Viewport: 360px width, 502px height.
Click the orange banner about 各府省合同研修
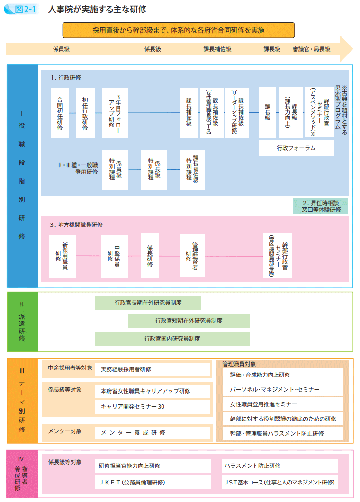[x=178, y=30]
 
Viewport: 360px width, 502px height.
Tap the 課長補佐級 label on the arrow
[x=217, y=49]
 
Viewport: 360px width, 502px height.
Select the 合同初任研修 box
[x=60, y=113]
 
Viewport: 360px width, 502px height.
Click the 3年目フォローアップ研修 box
[x=115, y=113]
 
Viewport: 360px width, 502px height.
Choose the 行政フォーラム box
[x=296, y=148]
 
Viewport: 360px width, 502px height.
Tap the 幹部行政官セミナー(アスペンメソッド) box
[x=319, y=113]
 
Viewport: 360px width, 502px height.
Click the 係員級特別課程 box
[x=115, y=170]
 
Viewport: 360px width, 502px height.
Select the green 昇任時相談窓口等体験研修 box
[x=321, y=206]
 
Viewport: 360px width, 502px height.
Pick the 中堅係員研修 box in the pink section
[x=114, y=256]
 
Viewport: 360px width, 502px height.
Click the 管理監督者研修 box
[x=192, y=256]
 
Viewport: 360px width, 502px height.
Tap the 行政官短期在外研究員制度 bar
[x=189, y=321]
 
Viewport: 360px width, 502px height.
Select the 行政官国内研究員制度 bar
[x=172, y=339]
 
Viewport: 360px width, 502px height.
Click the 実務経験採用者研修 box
[x=153, y=369]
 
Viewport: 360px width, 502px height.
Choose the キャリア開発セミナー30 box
[x=153, y=406]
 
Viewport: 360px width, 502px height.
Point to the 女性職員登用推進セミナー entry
[x=283, y=404]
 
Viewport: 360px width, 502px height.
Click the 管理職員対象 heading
[x=239, y=364]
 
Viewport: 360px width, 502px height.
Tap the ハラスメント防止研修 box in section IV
[x=279, y=466]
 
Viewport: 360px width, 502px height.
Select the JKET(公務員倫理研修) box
[x=153, y=482]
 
